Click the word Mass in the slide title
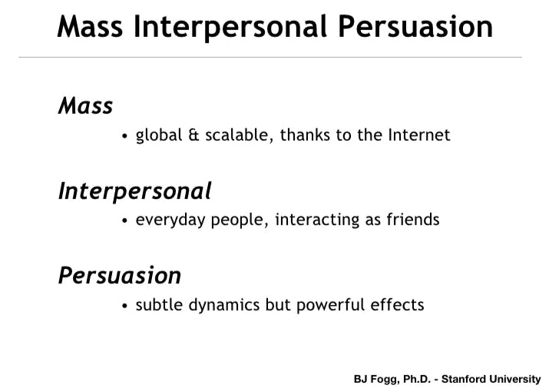tap(90, 27)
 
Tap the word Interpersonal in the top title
tap(230, 28)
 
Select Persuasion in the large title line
tap(415, 27)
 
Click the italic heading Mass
tap(86, 105)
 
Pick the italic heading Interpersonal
tap(135, 192)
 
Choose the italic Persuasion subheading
tap(120, 275)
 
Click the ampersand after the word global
tap(193, 135)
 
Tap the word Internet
tap(419, 135)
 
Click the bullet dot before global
tap(124, 136)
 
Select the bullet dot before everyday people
tap(124, 221)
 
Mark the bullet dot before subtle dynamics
tap(124, 306)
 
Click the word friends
tap(413, 220)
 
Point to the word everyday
tap(170, 221)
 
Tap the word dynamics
tap(224, 305)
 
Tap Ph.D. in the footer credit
tap(417, 380)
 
